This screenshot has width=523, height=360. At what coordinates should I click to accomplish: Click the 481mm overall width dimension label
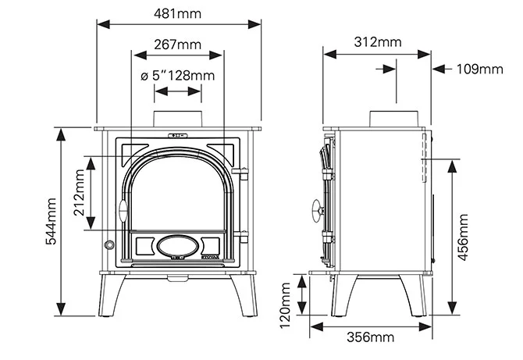pyautogui.click(x=178, y=13)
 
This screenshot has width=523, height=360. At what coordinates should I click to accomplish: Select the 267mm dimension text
pyautogui.click(x=178, y=45)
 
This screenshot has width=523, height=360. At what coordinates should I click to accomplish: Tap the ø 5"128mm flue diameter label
pyautogui.click(x=177, y=76)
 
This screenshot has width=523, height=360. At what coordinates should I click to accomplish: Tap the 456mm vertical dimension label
pyautogui.click(x=463, y=236)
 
